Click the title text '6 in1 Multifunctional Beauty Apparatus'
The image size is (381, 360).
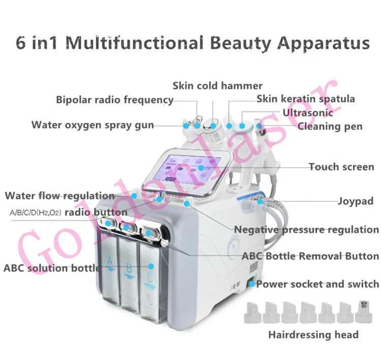pyautogui.click(x=192, y=43)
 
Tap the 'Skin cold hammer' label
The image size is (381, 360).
pyautogui.click(x=217, y=85)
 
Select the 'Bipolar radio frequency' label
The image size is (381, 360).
pyautogui.click(x=115, y=100)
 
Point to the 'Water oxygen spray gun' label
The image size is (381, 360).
pyautogui.click(x=92, y=125)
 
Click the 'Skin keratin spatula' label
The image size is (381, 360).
pyautogui.click(x=306, y=99)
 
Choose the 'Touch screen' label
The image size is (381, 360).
pyautogui.click(x=341, y=167)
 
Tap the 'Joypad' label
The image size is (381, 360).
pyautogui.click(x=356, y=201)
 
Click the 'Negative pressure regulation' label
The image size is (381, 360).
pyautogui.click(x=306, y=229)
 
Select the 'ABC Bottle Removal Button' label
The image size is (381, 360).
pyautogui.click(x=310, y=256)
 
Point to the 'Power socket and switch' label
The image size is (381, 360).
pyautogui.click(x=317, y=284)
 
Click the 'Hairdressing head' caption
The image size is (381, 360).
pyautogui.click(x=313, y=335)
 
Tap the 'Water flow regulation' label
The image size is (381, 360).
pyautogui.click(x=59, y=195)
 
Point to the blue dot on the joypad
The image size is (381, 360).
pyautogui.click(x=259, y=202)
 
